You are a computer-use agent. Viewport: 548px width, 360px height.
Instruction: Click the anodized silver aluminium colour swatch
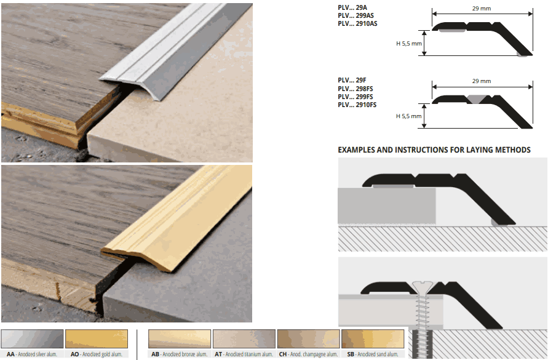[32, 338]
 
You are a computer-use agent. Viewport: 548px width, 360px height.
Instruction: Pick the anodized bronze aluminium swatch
[180, 338]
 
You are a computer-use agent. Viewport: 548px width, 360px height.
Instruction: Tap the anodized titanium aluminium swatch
[244, 338]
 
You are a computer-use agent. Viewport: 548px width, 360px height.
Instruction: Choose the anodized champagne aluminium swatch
[308, 338]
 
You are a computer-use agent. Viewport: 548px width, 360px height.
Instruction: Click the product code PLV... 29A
[352, 7]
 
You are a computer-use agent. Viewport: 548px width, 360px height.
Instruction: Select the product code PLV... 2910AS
[357, 23]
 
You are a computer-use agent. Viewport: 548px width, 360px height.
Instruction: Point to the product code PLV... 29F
[352, 80]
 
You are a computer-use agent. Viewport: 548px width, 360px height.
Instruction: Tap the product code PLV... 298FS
[355, 89]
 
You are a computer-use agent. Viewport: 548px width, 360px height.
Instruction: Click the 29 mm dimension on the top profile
[482, 7]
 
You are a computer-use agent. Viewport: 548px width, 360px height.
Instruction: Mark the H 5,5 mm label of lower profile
[409, 116]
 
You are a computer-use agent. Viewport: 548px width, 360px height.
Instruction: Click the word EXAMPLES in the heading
[360, 150]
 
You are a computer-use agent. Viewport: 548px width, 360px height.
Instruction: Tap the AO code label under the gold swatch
[74, 354]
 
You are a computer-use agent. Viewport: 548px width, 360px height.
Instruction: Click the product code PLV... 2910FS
[357, 105]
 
